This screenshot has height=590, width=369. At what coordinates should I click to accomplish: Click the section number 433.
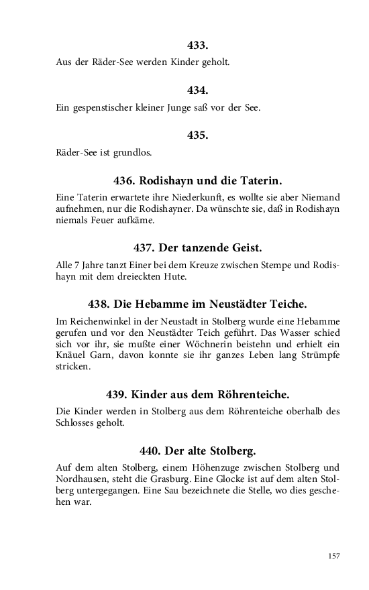(198, 46)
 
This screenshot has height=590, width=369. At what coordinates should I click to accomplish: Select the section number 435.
(198, 135)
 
